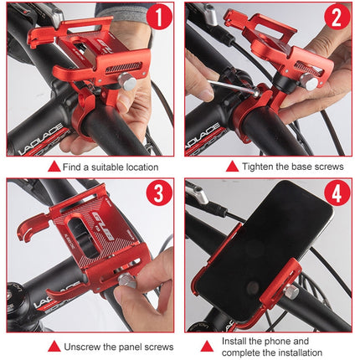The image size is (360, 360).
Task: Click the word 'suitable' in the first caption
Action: tap(103, 167)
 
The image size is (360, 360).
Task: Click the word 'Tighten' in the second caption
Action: tap(261, 167)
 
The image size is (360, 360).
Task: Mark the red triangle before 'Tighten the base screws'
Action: tap(231, 167)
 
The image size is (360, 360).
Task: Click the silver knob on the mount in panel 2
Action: tap(311, 82)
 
